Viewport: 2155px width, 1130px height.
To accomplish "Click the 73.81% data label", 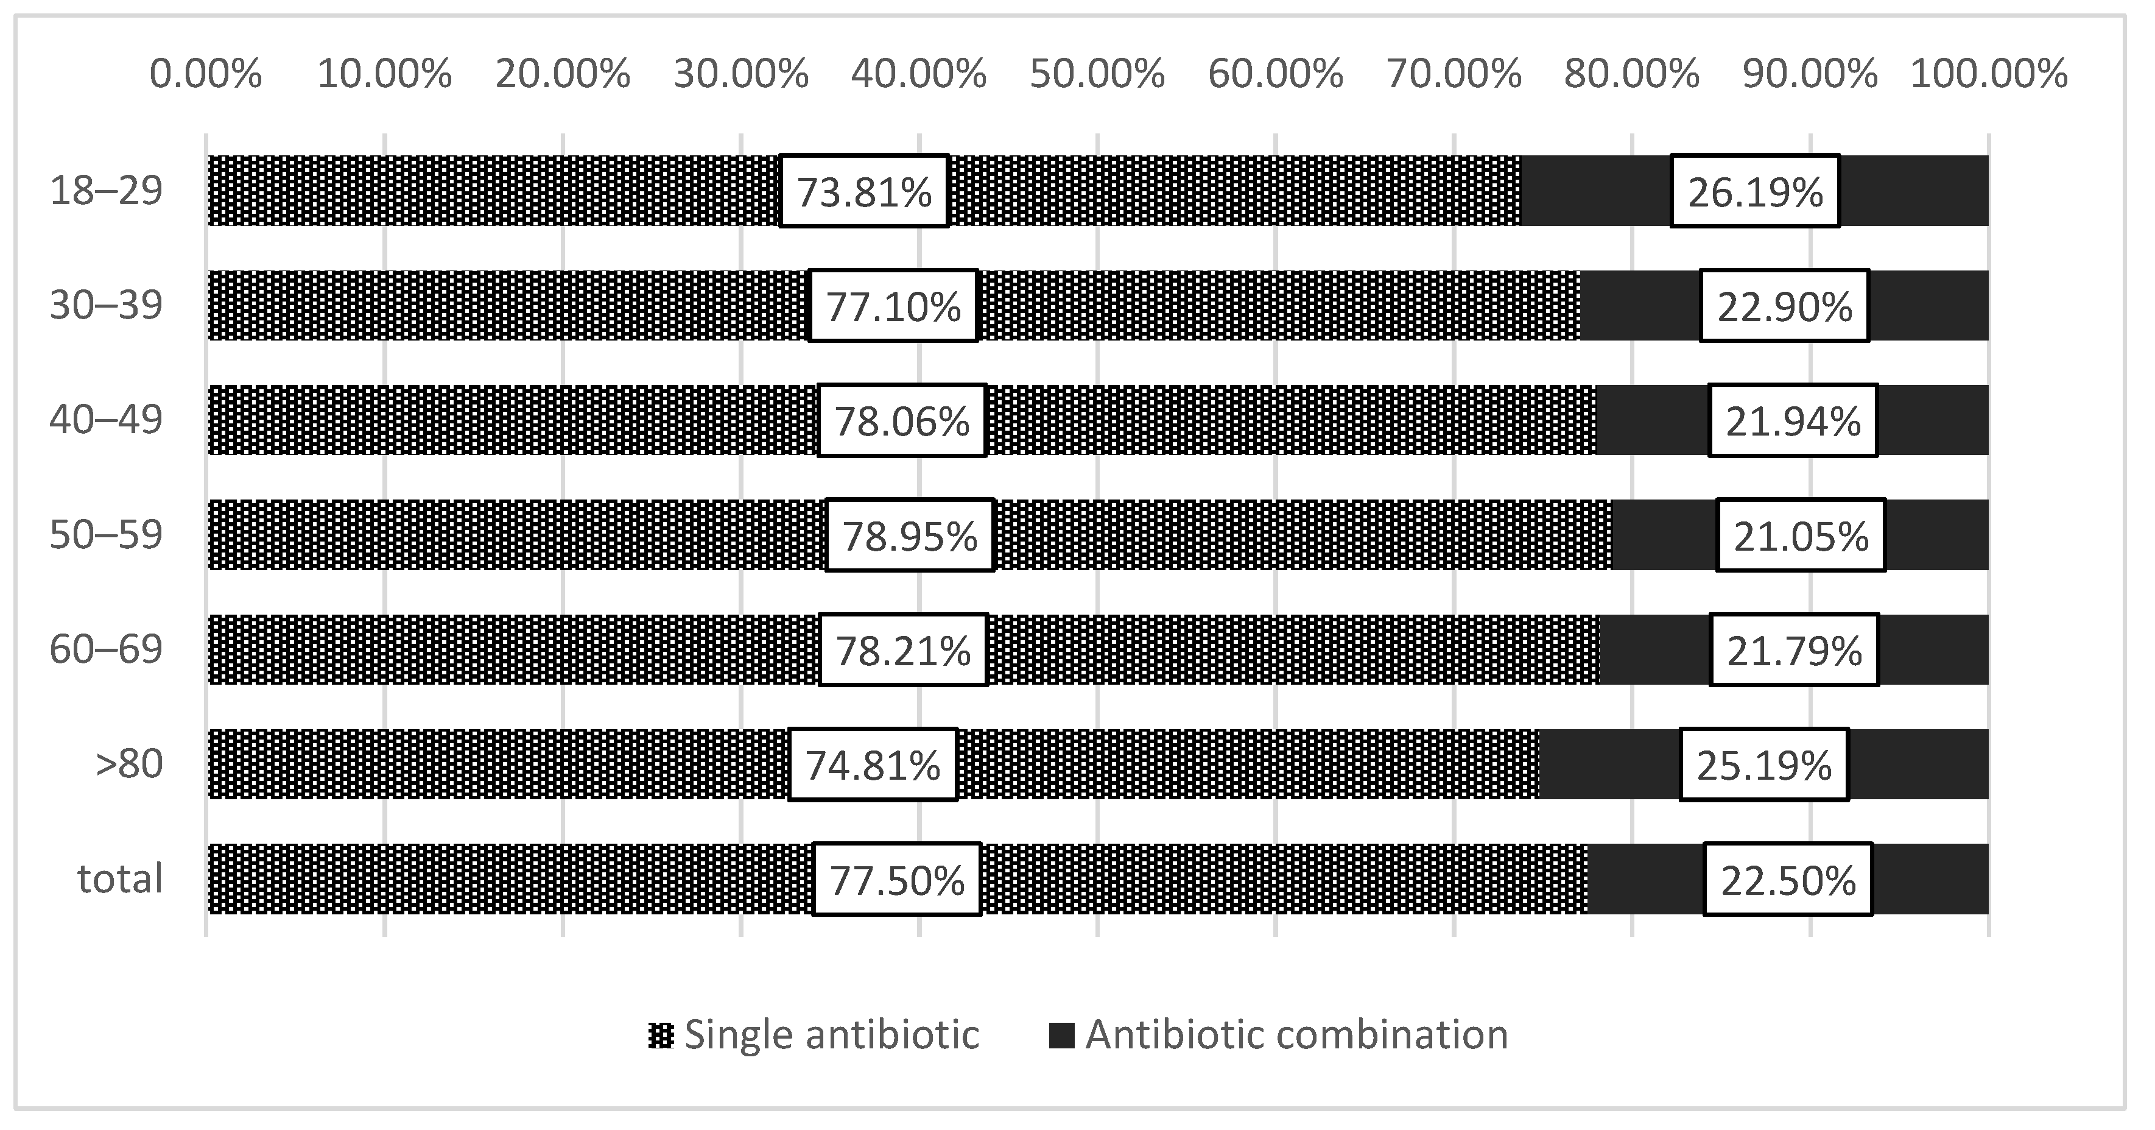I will [x=863, y=192].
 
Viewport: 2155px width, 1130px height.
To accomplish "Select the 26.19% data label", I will [x=1755, y=192].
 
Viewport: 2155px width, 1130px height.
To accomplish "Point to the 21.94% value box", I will [x=1793, y=421].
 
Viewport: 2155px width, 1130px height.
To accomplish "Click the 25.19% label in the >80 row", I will [x=1764, y=765].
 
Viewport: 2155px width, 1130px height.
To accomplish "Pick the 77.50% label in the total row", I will [x=897, y=880].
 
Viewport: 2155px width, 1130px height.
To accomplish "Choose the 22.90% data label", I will [x=1784, y=306].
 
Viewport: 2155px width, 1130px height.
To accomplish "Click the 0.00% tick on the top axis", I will [x=206, y=74].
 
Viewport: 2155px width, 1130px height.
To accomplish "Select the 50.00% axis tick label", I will [x=1097, y=74].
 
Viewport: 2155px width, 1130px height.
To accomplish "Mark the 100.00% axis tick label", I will [x=1989, y=74].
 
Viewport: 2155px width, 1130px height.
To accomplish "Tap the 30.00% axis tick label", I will [x=740, y=74].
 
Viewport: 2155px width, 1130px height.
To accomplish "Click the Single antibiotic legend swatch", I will [x=660, y=1036].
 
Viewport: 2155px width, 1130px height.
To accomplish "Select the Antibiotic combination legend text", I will [x=1296, y=1036].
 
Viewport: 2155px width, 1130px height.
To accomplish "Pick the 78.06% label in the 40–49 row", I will [x=902, y=421].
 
